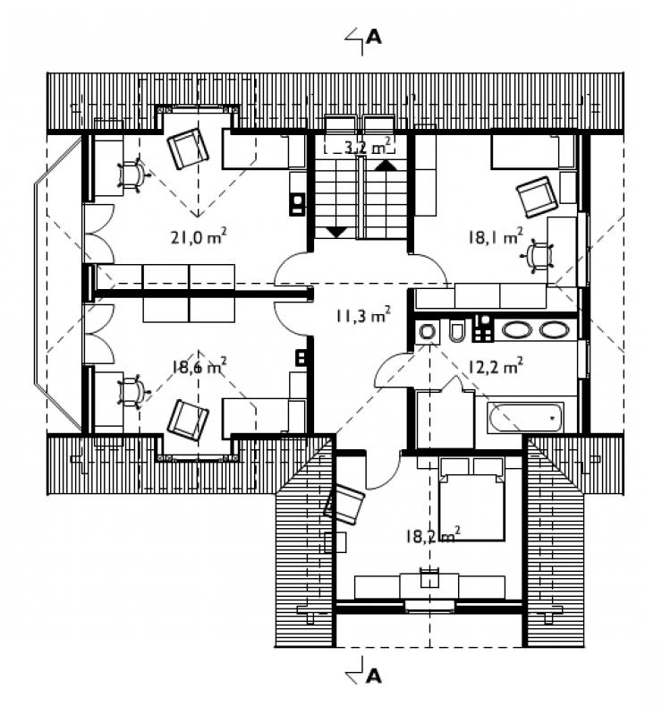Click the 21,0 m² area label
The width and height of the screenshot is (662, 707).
(x=199, y=236)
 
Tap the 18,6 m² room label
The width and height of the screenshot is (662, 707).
(x=199, y=367)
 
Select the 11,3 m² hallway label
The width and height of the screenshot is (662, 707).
(x=363, y=315)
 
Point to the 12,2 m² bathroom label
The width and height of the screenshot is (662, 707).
(x=496, y=366)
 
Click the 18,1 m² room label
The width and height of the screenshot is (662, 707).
(x=496, y=236)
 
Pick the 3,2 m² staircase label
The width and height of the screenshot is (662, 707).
(x=368, y=146)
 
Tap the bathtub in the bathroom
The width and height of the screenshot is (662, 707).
(x=525, y=418)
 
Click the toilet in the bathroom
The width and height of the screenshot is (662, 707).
(x=456, y=331)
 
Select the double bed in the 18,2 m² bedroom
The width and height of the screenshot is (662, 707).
(x=471, y=498)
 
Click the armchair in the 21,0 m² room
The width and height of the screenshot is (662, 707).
(x=188, y=149)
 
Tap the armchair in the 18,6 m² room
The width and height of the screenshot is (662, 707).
(x=188, y=420)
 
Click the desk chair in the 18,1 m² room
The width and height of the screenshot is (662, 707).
(x=538, y=257)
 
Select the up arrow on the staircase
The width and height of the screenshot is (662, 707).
(x=386, y=165)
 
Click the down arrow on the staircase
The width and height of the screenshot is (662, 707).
(x=336, y=232)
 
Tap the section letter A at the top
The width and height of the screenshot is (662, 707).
(x=374, y=37)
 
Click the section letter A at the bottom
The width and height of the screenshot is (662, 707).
(x=374, y=676)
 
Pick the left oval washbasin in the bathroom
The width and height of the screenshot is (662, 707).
(x=517, y=329)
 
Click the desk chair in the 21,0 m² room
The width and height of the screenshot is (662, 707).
(x=132, y=174)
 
